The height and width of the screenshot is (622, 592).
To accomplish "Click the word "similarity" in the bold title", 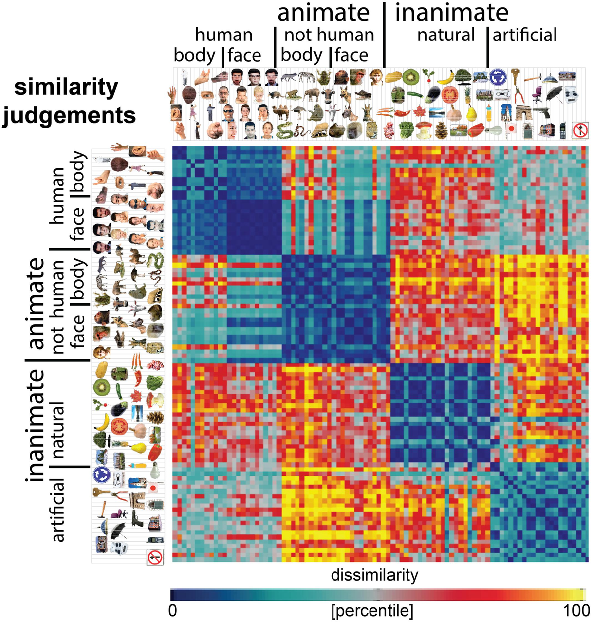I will point(66,88).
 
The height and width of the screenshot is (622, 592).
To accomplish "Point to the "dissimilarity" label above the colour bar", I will point(374,575).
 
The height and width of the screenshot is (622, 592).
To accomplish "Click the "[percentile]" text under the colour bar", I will point(372,611).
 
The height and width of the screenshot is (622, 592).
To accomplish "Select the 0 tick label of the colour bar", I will point(172,611).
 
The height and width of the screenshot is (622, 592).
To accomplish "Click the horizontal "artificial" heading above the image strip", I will point(525,35).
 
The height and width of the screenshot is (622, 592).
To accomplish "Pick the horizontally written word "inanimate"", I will point(451,13).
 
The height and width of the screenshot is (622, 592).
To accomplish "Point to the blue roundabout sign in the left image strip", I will point(100,474).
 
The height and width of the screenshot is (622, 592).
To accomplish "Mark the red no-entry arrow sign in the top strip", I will point(580,130).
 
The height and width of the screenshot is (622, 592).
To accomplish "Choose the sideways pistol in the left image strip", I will point(137,518).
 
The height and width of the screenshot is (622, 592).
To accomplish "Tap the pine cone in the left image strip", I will point(156,417).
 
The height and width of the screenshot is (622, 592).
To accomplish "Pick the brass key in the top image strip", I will point(516,76).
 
